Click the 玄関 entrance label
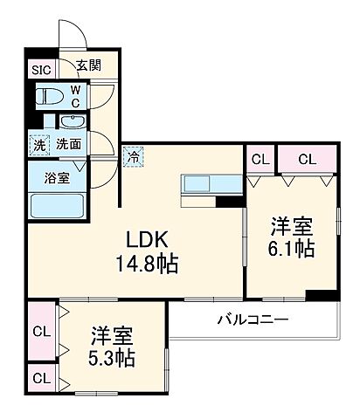[x=87, y=65]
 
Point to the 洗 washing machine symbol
[x=39, y=145]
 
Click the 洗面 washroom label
[x=69, y=145]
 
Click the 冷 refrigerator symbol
[x=133, y=158]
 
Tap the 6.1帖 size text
[x=292, y=250]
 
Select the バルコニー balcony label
[x=253, y=319]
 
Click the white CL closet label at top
[x=260, y=159]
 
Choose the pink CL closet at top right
[x=306, y=159]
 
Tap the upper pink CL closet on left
[x=41, y=331]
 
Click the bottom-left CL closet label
[x=41, y=379]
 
